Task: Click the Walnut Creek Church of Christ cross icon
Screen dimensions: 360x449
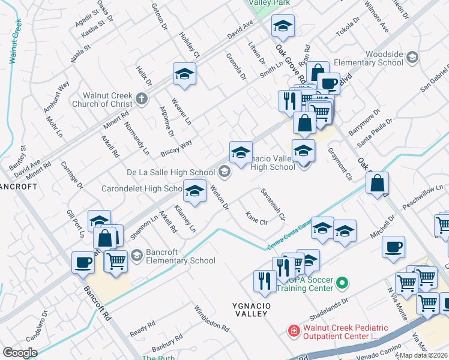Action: click(141, 98)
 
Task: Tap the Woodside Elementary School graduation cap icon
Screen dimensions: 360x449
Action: click(412, 58)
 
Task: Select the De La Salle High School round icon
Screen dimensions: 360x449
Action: click(224, 173)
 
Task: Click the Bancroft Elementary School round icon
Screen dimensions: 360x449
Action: click(136, 256)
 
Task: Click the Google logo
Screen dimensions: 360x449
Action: click(20, 353)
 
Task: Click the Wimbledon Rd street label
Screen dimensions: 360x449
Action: click(211, 319)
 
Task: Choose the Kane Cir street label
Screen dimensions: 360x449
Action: click(257, 218)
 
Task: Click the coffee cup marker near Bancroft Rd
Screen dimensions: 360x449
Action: click(83, 262)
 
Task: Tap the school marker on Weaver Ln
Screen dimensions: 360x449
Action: click(184, 74)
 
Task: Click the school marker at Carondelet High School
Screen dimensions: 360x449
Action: click(194, 191)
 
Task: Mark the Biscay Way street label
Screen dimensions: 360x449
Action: click(176, 148)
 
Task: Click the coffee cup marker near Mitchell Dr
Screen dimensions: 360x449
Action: click(393, 247)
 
